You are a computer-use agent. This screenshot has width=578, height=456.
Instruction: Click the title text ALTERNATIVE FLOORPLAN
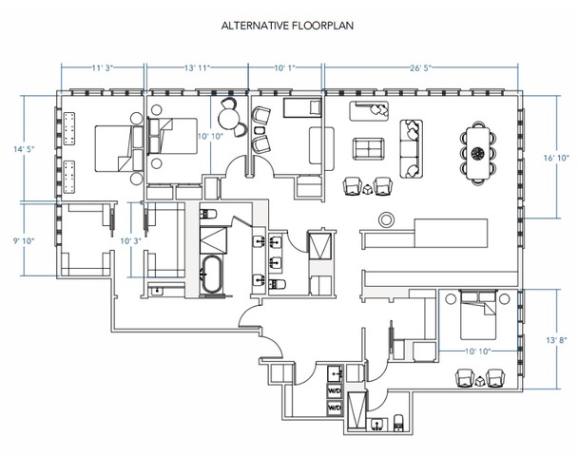287,26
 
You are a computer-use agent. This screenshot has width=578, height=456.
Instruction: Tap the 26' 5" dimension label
420,67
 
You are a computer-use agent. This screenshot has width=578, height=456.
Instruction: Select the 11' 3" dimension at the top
102,67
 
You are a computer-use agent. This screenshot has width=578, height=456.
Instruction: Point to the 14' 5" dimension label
24,149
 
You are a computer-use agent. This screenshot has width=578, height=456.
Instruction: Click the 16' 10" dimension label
557,158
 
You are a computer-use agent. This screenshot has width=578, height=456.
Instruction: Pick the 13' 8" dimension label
557,340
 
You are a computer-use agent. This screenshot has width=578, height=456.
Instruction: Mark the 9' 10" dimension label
24,241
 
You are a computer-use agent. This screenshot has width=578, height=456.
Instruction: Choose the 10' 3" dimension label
131,241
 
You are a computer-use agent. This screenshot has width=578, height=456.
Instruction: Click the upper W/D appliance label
335,390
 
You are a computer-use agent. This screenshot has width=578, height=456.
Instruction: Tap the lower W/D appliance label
335,408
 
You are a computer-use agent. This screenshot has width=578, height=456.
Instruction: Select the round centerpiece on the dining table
478,153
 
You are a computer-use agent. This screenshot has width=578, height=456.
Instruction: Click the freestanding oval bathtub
212,275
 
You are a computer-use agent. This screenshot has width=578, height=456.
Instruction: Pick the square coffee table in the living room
368,148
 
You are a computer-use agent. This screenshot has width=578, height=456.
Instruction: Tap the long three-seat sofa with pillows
412,149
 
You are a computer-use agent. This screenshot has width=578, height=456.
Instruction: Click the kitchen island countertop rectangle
452,233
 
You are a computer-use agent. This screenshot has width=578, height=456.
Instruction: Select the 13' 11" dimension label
197,67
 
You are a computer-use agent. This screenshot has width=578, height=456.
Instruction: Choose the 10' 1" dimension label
284,67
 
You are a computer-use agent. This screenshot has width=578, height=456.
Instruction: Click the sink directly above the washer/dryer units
336,373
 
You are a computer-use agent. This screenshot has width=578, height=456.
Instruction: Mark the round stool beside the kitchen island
386,219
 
